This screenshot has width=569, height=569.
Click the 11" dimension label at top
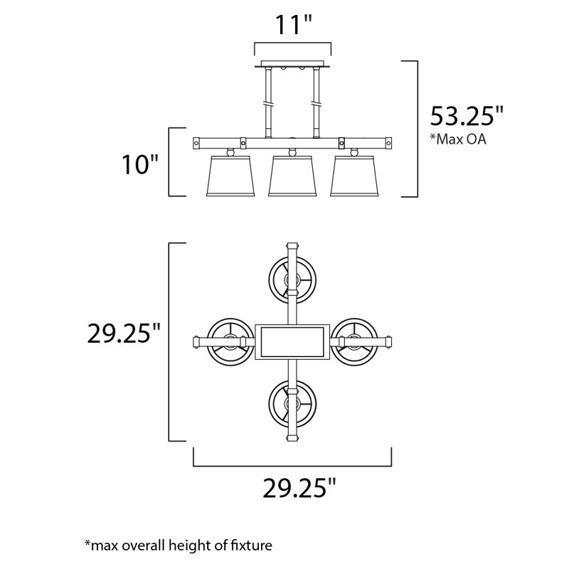293,25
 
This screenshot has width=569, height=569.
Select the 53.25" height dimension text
467,116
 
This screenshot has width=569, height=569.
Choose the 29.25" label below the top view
299,488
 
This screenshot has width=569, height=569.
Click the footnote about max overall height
179,546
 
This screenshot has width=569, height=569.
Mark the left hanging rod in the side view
269,100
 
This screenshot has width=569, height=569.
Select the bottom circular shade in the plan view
292,403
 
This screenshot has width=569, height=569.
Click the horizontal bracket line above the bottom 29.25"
292,466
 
